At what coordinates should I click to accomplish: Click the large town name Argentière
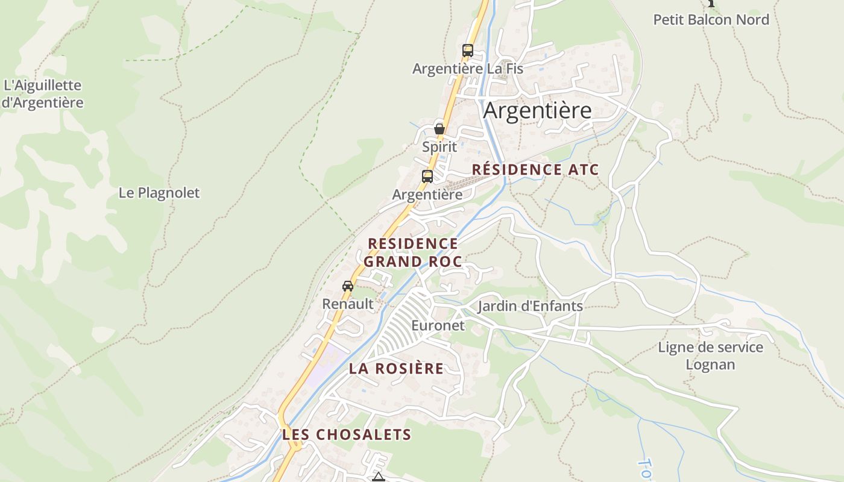[537, 111]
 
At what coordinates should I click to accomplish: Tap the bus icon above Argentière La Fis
[468, 51]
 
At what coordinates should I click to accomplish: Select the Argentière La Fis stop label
[467, 69]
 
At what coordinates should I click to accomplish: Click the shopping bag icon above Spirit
[439, 128]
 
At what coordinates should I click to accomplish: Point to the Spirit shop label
[439, 147]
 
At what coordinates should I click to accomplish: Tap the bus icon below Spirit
[427, 177]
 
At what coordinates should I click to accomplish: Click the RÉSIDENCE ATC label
[535, 170]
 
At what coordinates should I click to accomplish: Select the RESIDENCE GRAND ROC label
[412, 252]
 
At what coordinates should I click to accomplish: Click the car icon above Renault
[348, 286]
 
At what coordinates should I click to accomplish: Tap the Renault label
[348, 304]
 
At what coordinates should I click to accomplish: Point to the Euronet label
[438, 326]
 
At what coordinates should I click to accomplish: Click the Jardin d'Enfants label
[530, 306]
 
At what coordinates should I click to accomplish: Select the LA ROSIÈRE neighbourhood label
[396, 369]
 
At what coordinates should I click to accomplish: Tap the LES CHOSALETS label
[347, 434]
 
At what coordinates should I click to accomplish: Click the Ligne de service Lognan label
[710, 356]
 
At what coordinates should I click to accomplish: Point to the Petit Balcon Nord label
[711, 20]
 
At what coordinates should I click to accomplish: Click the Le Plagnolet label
[159, 193]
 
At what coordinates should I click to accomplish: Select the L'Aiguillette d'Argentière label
[42, 94]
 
